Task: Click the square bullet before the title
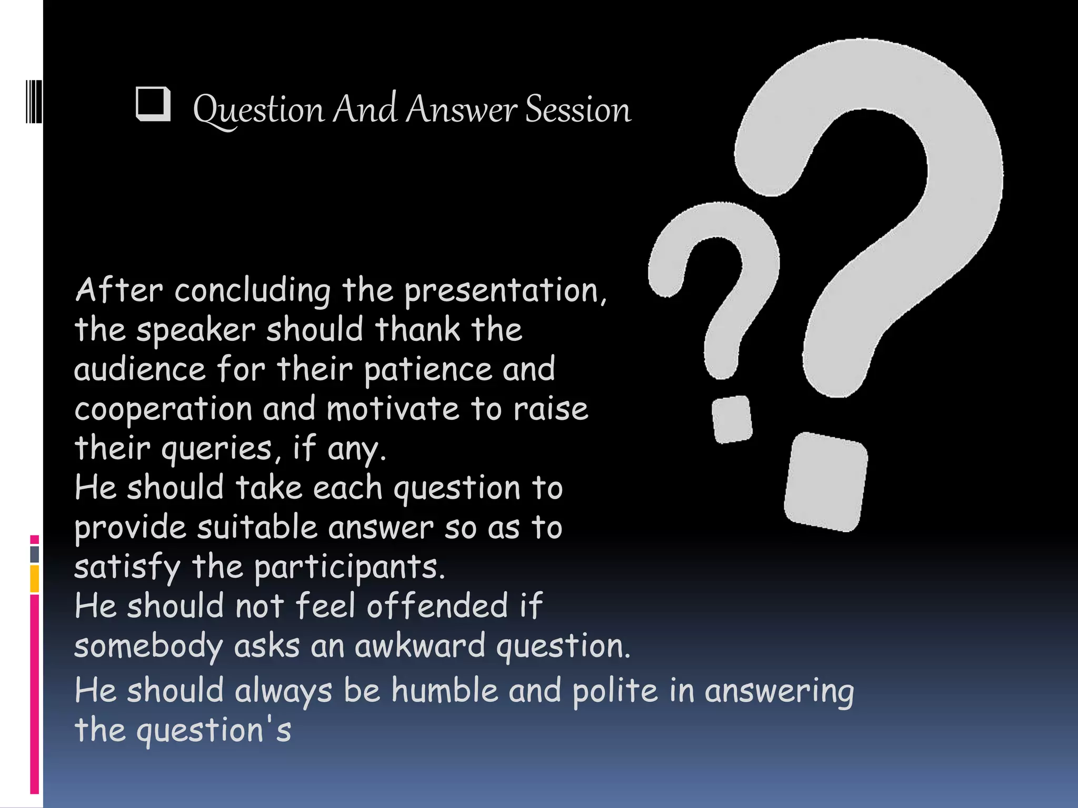tap(153, 104)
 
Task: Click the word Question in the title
tap(259, 110)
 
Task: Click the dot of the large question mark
tap(825, 482)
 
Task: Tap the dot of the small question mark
tap(732, 419)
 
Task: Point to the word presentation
tap(504, 290)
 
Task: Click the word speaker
tap(196, 330)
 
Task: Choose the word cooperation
tap(163, 409)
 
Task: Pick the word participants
tap(350, 568)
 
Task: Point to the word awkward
tap(420, 646)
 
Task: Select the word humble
tap(444, 690)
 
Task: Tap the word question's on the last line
tap(213, 730)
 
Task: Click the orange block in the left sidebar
tap(35, 579)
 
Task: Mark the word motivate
tap(393, 409)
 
